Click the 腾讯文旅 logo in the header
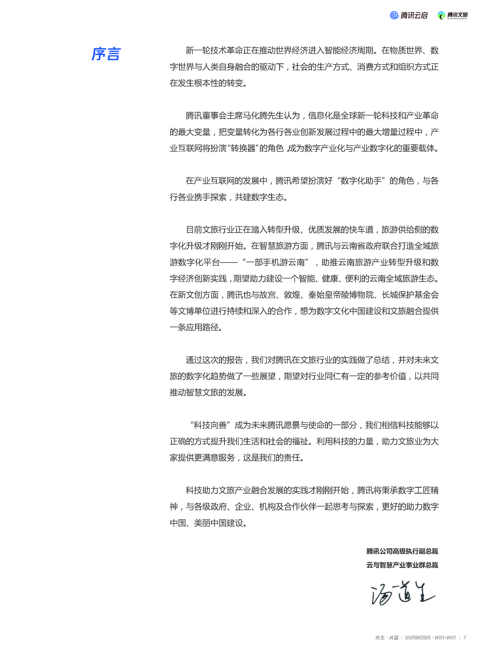[x=453, y=15]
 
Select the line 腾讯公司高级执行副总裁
[x=402, y=551]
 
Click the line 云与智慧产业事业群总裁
[x=402, y=565]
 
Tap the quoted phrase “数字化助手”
[x=361, y=181]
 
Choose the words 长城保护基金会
[x=410, y=295]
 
